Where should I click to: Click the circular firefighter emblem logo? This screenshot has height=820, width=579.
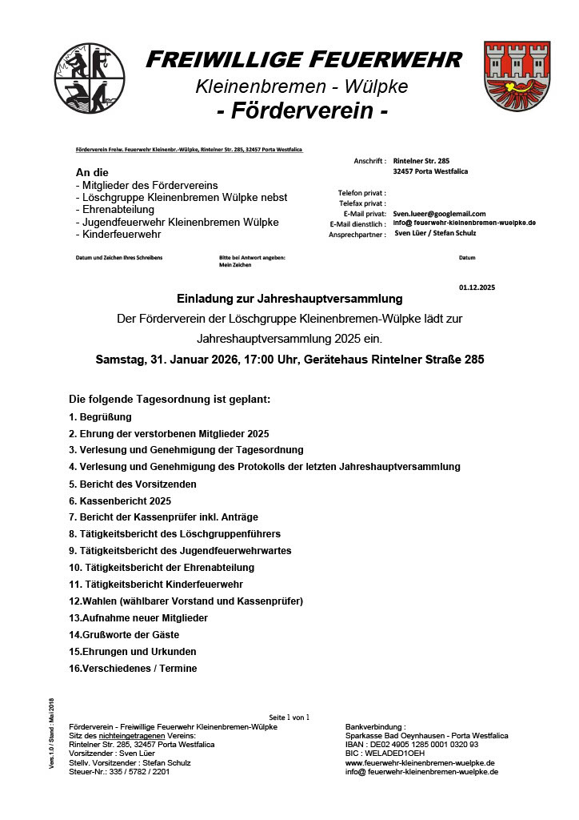coord(90,78)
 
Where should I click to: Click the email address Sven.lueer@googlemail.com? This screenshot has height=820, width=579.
coord(439,214)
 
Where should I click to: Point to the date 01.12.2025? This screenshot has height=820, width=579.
coord(477,287)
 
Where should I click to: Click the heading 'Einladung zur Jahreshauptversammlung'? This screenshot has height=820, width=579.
coord(289,299)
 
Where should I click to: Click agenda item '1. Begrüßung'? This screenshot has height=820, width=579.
coord(100,416)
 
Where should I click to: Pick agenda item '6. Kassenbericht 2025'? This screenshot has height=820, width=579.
coord(120,500)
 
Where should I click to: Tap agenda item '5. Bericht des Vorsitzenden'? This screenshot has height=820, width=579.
coord(132,484)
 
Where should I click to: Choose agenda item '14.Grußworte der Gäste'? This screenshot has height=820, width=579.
coord(124,634)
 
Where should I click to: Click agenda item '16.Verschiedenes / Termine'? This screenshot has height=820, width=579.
coord(133,668)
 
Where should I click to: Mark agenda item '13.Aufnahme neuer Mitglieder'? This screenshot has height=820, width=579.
coord(138,617)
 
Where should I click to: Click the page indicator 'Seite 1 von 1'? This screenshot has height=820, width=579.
coord(289,717)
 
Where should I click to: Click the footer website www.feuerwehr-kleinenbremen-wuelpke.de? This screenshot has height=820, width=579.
coord(419,762)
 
